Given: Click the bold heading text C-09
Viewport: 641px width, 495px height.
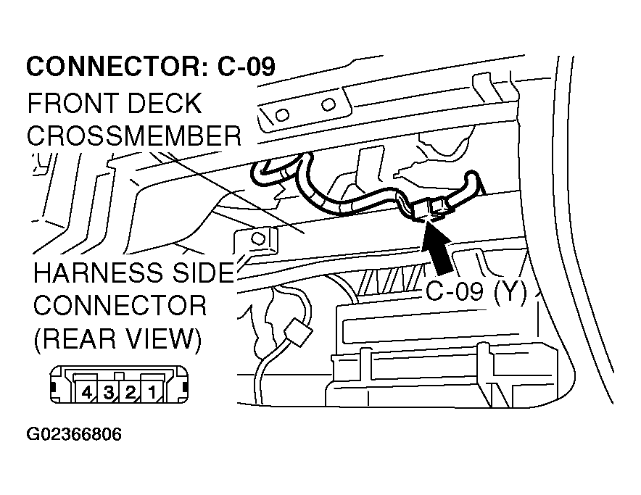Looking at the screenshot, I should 247,67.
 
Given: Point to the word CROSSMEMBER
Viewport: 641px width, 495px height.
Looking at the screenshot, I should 134,136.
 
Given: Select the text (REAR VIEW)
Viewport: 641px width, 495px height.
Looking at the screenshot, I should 116,338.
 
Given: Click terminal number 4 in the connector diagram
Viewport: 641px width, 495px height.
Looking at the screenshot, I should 87,394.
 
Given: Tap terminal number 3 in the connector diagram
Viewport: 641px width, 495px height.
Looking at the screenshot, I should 108,394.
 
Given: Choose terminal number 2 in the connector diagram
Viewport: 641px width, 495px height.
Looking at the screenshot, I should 129,394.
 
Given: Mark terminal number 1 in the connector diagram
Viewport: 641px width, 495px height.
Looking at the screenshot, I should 151,394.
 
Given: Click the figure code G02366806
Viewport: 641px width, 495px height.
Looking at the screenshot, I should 74,435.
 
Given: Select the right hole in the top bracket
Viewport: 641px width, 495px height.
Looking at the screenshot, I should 328,104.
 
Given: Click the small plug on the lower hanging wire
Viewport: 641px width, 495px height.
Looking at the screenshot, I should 299,336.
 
